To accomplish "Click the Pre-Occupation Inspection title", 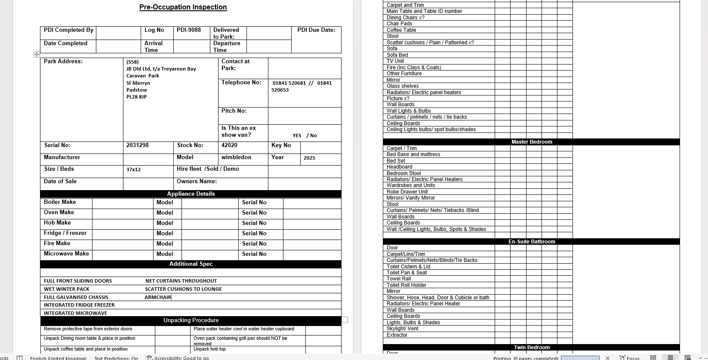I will tap(183, 7).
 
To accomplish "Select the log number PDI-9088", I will tap(188, 30).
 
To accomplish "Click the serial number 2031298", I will tap(137, 145).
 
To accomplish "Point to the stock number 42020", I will tap(229, 145).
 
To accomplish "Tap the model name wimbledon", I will tap(236, 157).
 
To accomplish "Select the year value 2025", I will tap(309, 158).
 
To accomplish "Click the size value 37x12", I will tap(133, 169).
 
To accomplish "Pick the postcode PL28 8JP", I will tap(136, 97).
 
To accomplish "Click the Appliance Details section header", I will tap(191, 194).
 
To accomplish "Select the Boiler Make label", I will tap(60, 202).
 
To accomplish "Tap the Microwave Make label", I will tap(66, 254).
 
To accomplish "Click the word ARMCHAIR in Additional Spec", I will tap(157, 297).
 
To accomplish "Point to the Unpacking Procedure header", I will tap(191, 320).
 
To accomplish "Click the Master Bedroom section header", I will tap(531, 142).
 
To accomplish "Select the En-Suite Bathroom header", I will tap(531, 242).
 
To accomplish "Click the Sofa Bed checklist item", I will tap(397, 55).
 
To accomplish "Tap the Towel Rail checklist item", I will tap(398, 279).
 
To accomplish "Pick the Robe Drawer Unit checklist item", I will tap(407, 192).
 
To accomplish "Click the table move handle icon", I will tap(37, 54).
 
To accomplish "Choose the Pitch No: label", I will tap(234, 111).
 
